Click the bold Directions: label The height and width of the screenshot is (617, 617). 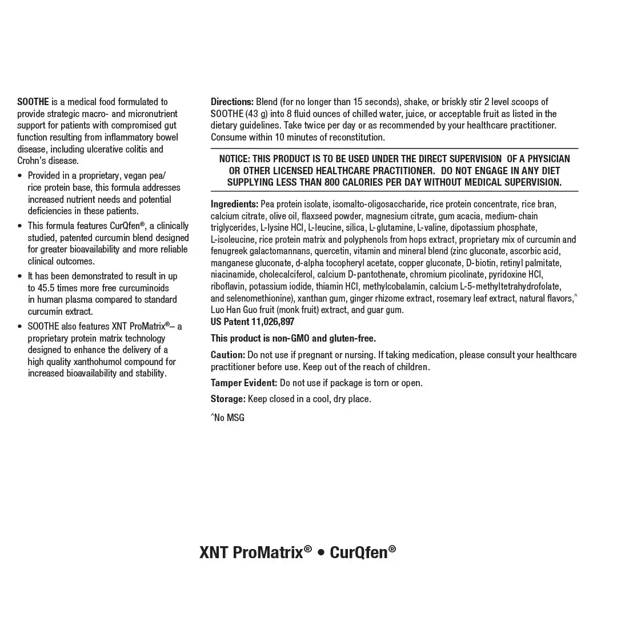point(232,102)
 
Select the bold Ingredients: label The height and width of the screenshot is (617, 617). point(234,205)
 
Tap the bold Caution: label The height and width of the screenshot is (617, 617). point(228,355)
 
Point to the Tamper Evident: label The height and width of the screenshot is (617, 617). point(244,383)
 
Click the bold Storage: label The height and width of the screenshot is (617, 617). point(228,399)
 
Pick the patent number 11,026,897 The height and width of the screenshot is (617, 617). point(273,322)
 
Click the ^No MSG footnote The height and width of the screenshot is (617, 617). point(227,418)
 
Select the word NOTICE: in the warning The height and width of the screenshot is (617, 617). point(234,159)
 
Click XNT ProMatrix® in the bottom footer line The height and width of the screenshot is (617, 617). point(255,552)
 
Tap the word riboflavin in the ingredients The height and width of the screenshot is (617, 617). point(228,287)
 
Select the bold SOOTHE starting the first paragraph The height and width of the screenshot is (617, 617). point(33,102)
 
